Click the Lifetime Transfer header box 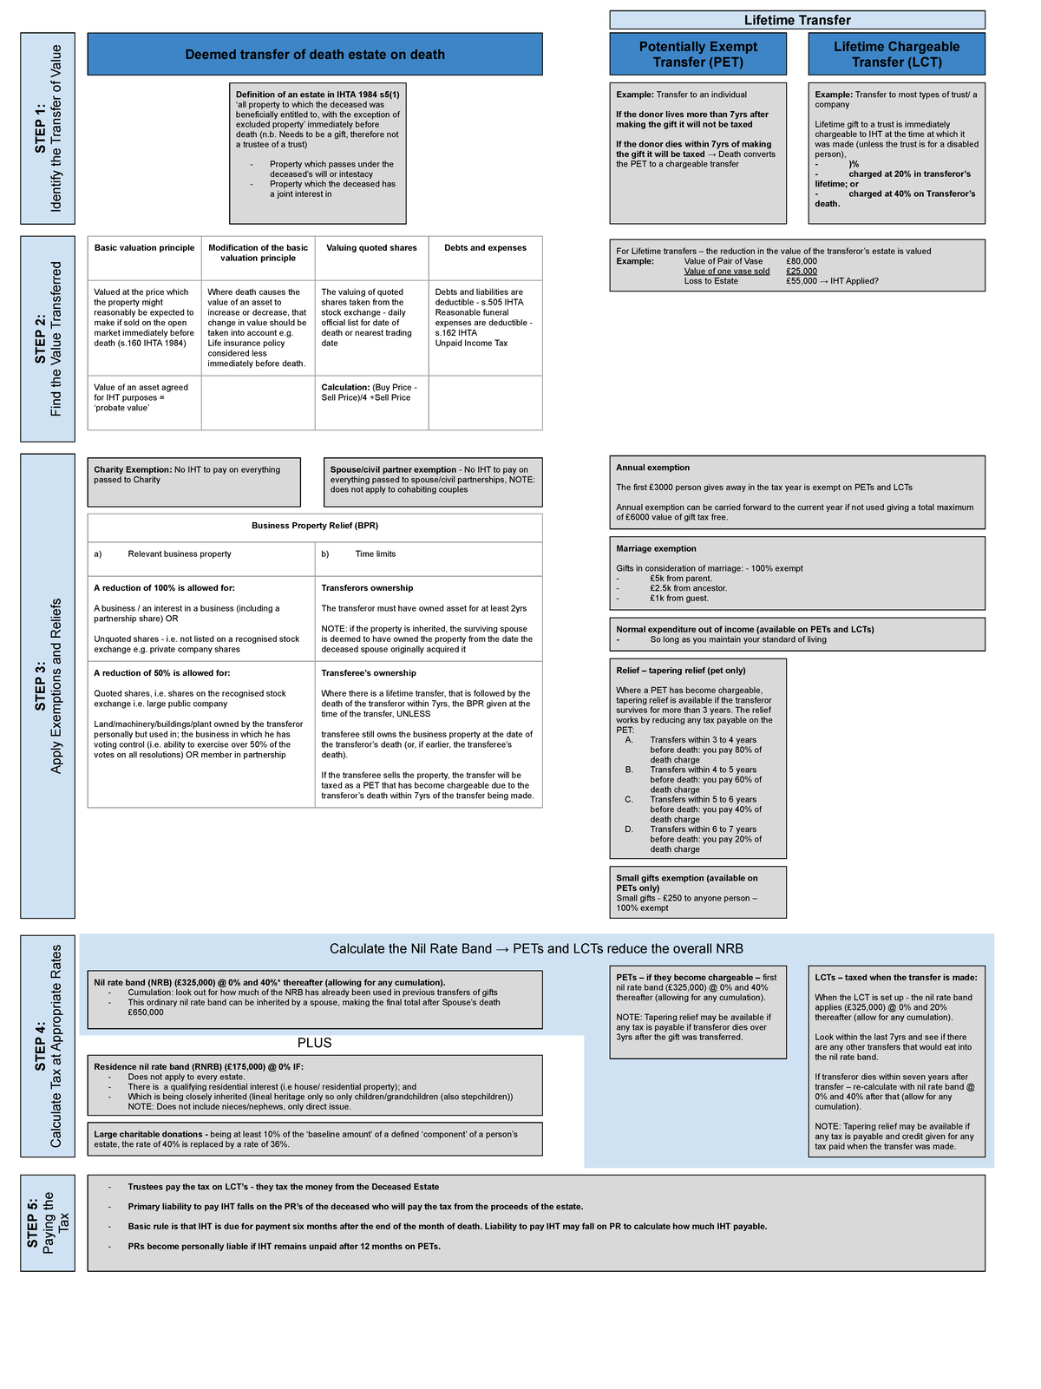tap(797, 20)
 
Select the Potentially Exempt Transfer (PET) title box tap(697, 54)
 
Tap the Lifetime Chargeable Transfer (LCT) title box tap(896, 54)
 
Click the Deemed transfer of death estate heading tap(315, 55)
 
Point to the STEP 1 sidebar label tap(48, 128)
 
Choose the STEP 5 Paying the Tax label tap(48, 1222)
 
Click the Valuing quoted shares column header tap(371, 248)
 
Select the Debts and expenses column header tap(485, 248)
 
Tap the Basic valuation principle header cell tap(144, 248)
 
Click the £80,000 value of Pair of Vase tap(801, 261)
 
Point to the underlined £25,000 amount tap(801, 272)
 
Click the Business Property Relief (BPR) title tap(315, 526)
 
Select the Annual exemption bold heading tap(652, 468)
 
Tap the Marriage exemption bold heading tap(656, 548)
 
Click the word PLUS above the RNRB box tap(315, 1043)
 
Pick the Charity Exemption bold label tap(133, 470)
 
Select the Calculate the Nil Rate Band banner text tap(536, 949)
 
